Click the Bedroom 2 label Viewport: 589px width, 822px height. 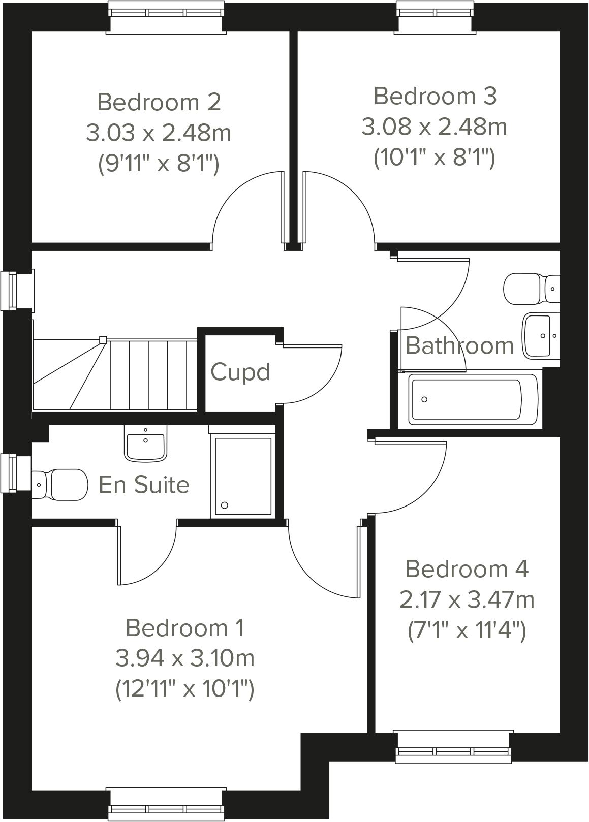click(x=159, y=102)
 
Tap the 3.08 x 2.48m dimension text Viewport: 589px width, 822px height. click(x=435, y=127)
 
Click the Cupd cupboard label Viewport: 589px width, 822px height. click(x=240, y=372)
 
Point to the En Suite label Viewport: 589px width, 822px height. click(x=144, y=485)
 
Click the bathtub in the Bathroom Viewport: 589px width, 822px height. click(x=473, y=399)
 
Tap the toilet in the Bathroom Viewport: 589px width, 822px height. click(x=529, y=288)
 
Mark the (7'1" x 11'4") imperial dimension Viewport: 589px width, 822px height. click(x=467, y=631)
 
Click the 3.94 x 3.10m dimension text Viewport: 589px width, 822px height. click(x=185, y=659)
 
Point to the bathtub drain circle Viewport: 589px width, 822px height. click(x=424, y=399)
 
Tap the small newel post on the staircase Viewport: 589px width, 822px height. click(x=103, y=339)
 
